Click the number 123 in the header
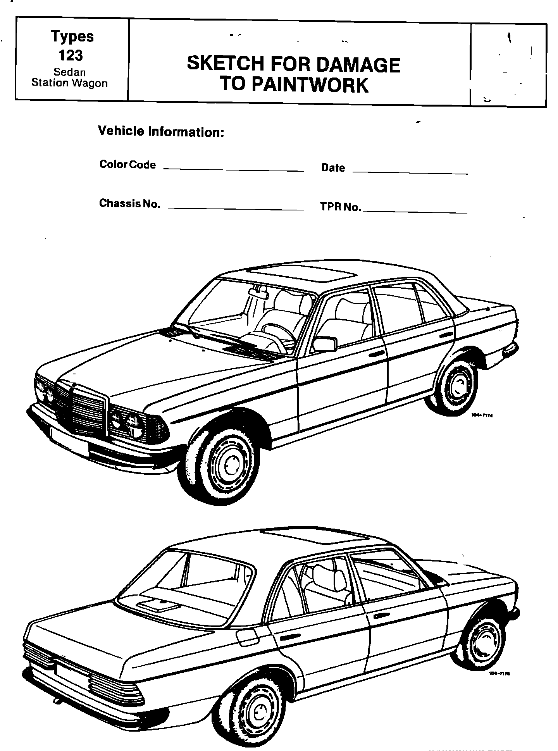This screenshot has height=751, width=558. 71,55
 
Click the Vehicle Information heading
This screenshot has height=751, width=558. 161,131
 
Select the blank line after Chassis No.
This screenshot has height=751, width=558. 236,209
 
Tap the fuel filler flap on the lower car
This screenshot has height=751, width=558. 247,637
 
